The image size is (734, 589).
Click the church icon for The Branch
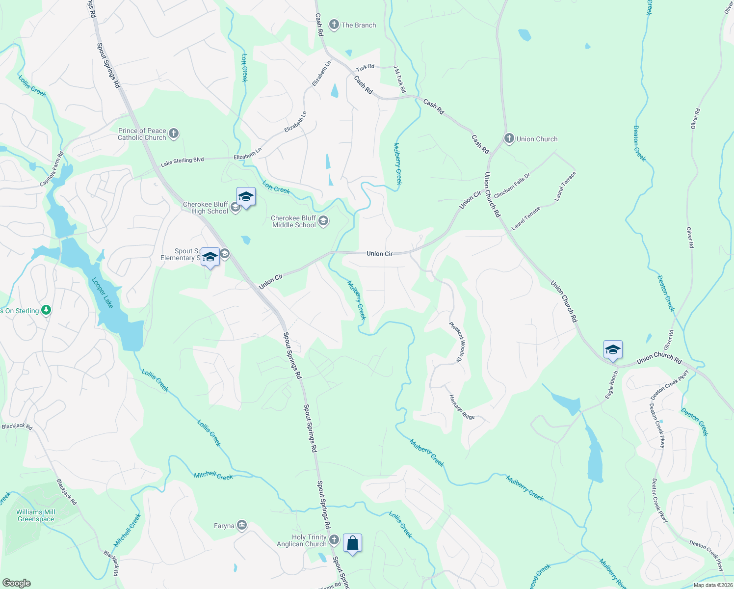(x=334, y=25)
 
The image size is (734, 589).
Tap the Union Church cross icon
(x=509, y=139)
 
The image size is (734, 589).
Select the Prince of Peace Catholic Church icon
(x=173, y=134)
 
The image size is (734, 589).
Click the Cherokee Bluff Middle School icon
(x=323, y=221)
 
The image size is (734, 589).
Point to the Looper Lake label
(x=103, y=293)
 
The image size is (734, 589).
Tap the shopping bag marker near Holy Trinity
(x=352, y=543)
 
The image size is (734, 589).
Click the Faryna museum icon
(x=241, y=526)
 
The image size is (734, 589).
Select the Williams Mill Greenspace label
(x=36, y=515)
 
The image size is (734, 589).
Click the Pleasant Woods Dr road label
(x=456, y=342)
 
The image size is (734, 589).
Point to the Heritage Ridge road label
(x=462, y=407)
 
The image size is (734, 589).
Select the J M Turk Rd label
(x=400, y=79)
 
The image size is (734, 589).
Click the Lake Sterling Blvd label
(x=182, y=161)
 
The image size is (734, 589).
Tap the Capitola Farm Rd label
(x=52, y=169)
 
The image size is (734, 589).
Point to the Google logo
(x=17, y=583)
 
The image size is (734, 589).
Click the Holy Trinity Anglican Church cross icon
(x=334, y=540)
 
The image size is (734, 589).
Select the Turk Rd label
(x=365, y=67)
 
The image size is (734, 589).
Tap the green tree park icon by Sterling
(x=46, y=310)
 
